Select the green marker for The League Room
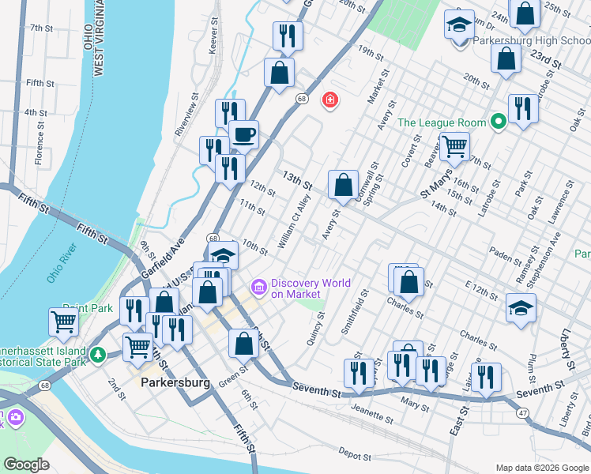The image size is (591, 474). click(498, 122)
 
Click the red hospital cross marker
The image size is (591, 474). click(329, 101)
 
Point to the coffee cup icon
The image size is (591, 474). click(243, 134)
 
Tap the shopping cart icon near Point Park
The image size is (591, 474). click(63, 320)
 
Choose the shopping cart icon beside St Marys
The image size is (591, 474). click(454, 145)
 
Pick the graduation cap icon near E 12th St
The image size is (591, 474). click(521, 307)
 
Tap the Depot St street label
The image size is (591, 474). click(354, 457)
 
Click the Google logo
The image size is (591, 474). click(27, 465)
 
